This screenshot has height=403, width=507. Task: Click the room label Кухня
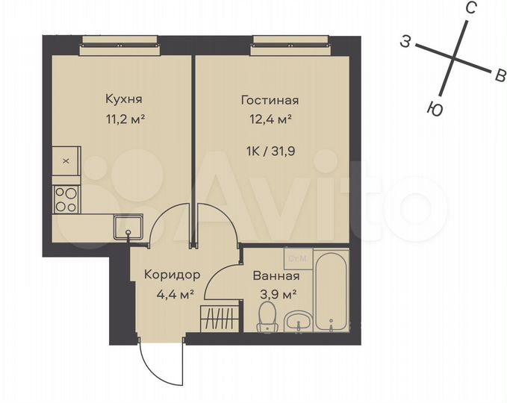pos(124,99)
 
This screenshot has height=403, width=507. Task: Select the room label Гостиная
pos(270,100)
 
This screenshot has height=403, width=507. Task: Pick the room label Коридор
pos(171,275)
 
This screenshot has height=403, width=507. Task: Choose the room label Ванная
pos(276,275)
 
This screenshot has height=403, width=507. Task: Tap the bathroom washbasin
pos(299,322)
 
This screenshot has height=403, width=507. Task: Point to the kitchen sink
pos(125,226)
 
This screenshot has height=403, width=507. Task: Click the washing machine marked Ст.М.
pos(299,258)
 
